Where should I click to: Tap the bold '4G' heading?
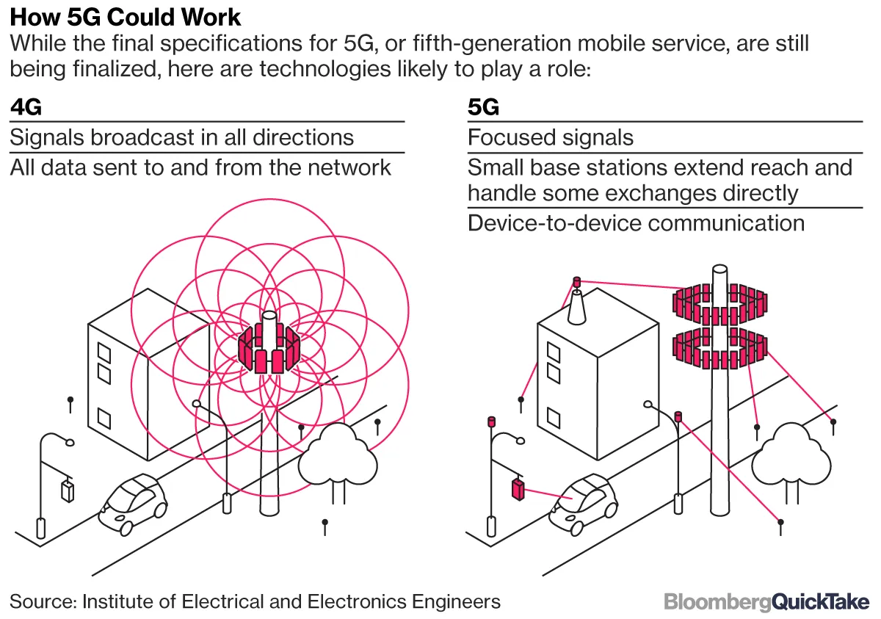(26, 107)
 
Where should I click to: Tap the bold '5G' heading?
(484, 107)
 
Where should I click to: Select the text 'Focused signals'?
(551, 137)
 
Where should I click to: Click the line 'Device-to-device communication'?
(636, 222)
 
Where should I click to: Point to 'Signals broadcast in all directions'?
(182, 137)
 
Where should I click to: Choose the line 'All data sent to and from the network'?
(200, 167)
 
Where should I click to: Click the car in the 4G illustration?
(133, 502)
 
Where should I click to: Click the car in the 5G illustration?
(584, 502)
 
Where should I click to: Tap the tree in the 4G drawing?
(338, 459)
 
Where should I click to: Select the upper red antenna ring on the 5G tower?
(721, 301)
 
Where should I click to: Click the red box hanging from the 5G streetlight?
(518, 489)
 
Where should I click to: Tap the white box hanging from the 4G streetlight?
(68, 490)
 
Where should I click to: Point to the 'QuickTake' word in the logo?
(822, 602)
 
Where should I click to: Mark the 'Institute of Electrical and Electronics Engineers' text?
(291, 602)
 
